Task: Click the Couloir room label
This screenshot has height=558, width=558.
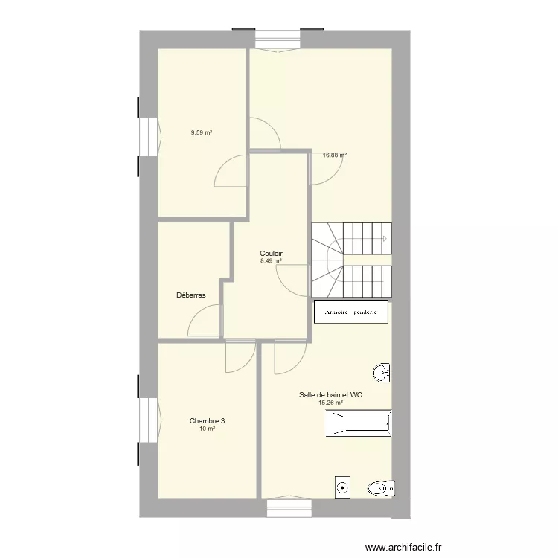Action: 271,254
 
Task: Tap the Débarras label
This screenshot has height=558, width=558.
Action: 191,295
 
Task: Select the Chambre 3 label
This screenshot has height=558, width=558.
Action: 207,420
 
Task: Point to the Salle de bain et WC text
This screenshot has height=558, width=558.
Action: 330,394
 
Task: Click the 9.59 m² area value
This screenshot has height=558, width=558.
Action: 202,132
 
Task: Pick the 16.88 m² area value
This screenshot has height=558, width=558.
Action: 335,155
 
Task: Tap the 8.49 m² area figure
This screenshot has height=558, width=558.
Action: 271,261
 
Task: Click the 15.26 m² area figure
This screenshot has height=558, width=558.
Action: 330,403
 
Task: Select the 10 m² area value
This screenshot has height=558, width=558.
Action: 207,429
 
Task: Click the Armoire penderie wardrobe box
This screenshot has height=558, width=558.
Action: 351,312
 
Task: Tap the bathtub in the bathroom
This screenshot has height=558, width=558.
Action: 359,423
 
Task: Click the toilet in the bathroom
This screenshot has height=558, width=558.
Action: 381,488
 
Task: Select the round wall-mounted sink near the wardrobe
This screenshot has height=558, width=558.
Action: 382,373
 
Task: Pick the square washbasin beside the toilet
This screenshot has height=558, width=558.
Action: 342,487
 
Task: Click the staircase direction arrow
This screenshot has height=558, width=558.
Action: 385,238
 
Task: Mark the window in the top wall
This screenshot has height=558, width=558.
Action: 278,40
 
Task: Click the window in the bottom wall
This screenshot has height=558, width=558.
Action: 289,506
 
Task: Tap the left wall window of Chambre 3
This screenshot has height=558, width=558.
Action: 150,420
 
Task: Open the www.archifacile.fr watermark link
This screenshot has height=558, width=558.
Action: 403,547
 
